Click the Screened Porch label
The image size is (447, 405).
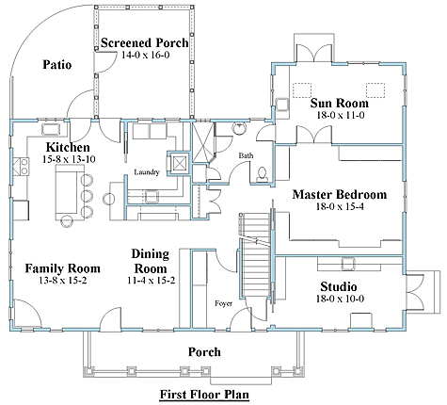coord(145,42)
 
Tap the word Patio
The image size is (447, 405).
coord(57,65)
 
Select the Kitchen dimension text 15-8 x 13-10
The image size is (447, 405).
coord(69,159)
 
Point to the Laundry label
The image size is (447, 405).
coord(147,172)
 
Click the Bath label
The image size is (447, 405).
coord(246,155)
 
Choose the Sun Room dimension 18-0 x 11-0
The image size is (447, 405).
coord(341,115)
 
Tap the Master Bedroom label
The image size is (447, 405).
coord(340,194)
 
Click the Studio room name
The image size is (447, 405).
coord(339,286)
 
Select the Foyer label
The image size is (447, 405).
coord(224,303)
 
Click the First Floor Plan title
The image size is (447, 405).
coord(204,395)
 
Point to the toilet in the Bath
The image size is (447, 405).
coord(262,175)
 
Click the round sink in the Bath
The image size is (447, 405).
coord(240,128)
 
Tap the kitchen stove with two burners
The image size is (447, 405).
coord(21,167)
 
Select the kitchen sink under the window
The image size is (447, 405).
coord(51,130)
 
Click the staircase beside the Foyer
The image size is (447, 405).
coord(255,256)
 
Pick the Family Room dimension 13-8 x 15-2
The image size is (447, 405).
coord(63,281)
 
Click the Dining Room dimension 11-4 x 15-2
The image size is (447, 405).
coord(152,281)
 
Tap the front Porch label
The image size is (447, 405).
coord(204,352)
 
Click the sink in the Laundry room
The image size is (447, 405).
coord(152,197)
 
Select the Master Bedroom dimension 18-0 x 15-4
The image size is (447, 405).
coord(340,206)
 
